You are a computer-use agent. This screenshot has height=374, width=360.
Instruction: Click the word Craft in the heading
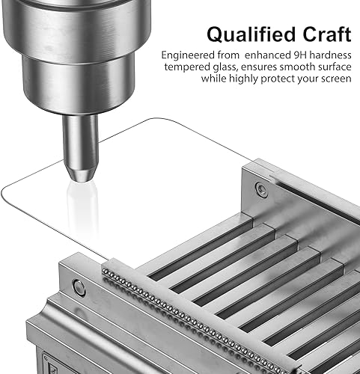tap(327, 34)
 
